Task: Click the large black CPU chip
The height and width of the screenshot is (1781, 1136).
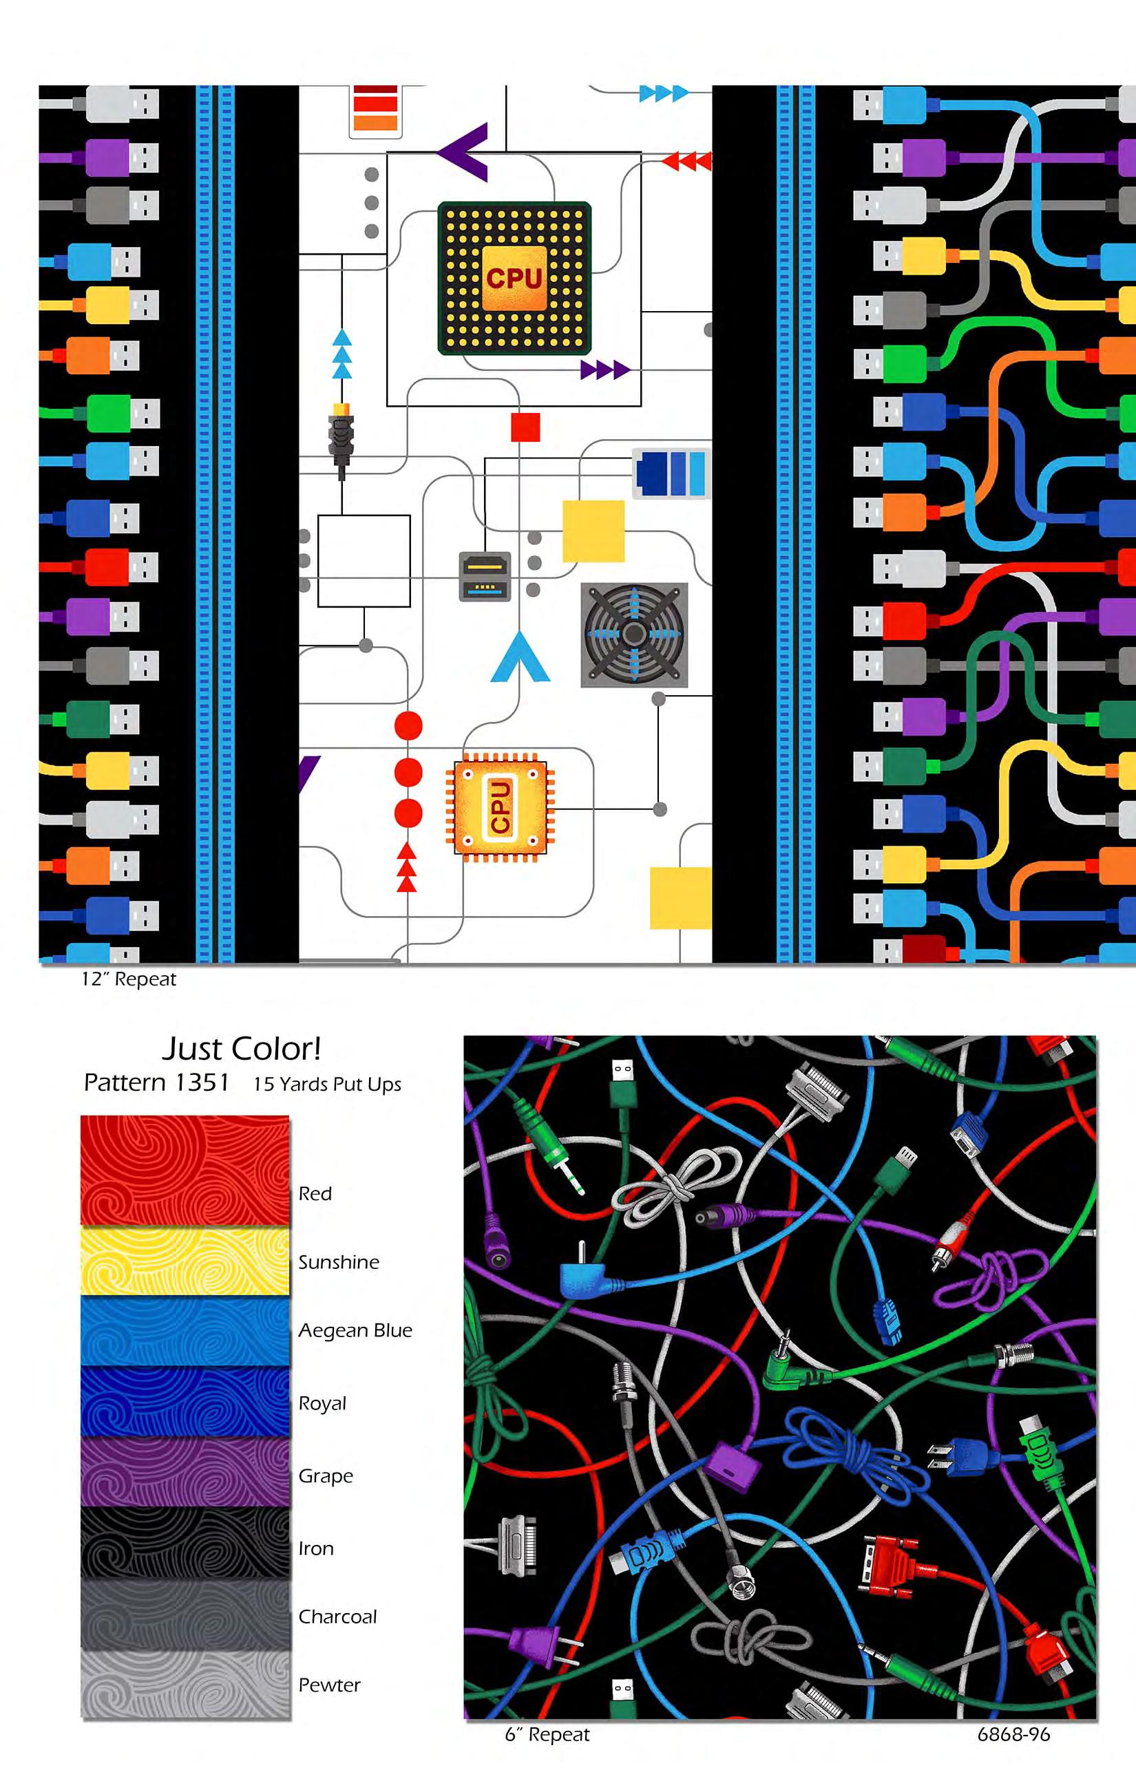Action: coord(514,278)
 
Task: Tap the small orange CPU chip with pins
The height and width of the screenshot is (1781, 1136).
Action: coord(500,807)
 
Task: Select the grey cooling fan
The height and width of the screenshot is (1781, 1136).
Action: coord(633,634)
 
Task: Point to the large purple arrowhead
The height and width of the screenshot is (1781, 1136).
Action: coord(464,151)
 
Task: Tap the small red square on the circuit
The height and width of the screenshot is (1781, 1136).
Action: coord(525,427)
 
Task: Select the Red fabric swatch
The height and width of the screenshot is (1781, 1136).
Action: coord(185,1171)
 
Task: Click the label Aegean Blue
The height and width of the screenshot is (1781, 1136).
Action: coord(355,1330)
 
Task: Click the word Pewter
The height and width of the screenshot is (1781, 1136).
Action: coord(329,1685)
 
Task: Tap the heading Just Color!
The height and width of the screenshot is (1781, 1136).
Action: coord(241,1049)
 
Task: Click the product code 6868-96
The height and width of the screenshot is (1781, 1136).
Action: coord(1013,1734)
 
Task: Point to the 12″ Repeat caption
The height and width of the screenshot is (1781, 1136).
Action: coord(129,979)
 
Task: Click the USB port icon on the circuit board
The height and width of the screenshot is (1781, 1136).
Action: coord(485,576)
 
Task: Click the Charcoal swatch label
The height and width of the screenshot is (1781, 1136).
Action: coord(337,1617)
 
